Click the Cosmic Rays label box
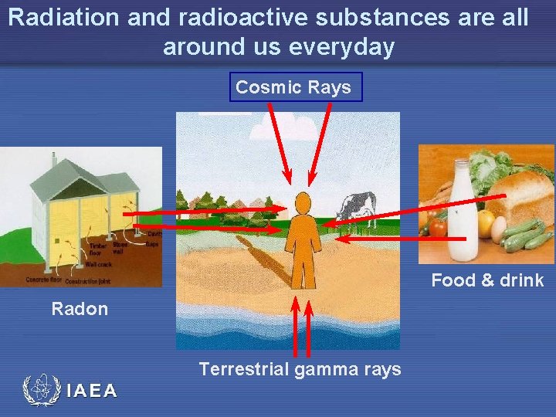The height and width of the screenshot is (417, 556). [x=293, y=87]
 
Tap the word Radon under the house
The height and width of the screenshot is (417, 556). [x=80, y=310]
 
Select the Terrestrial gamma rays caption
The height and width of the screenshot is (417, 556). [x=300, y=369]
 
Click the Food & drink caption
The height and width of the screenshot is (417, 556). [x=487, y=280]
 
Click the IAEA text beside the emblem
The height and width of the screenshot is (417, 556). [x=92, y=391]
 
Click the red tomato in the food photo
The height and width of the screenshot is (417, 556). [x=438, y=228]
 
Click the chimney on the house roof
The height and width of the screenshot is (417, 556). [x=53, y=161]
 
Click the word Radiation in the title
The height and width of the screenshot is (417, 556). [x=64, y=17]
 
